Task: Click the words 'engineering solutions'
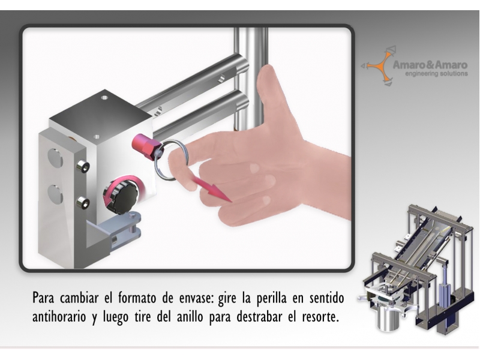point(436,73)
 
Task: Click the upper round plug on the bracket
point(55,157)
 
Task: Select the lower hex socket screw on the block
point(83,203)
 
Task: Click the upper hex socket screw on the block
point(83,167)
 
